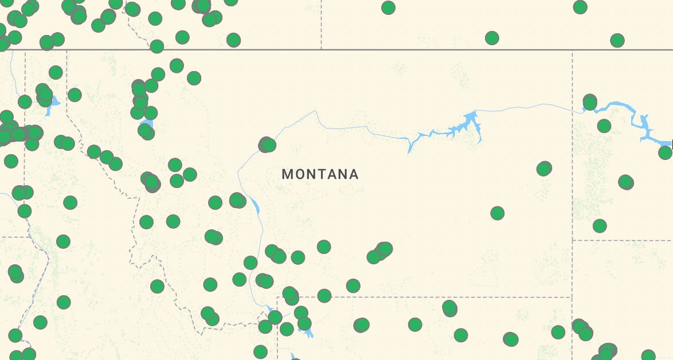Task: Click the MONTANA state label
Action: (320, 174)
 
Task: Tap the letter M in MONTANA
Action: (287, 174)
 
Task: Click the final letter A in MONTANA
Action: (354, 174)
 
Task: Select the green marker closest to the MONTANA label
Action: (267, 144)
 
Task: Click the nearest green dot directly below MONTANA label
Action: (324, 247)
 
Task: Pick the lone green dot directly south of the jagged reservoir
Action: (497, 213)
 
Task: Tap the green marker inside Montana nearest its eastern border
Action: (544, 169)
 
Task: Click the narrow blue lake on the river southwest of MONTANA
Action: (255, 205)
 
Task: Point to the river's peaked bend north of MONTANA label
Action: (315, 112)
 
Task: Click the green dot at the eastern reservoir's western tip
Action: (589, 103)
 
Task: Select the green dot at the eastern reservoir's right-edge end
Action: (665, 152)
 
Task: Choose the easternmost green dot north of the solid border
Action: (617, 40)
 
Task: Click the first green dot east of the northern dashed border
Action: (388, 7)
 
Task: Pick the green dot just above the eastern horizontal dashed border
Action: (599, 226)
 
